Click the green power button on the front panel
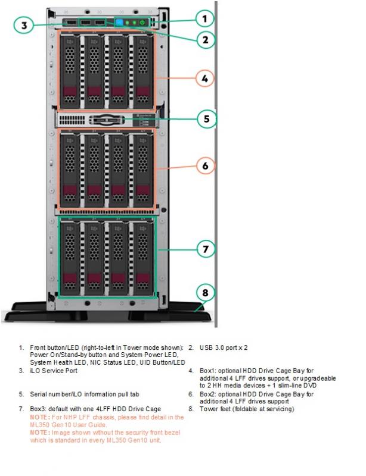coord(142,23)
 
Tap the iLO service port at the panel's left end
coord(71,23)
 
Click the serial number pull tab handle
coord(106,120)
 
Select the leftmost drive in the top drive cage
coord(70,71)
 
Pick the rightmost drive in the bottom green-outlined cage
coord(142,258)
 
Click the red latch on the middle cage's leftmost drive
coord(70,190)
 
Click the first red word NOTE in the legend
coord(39,418)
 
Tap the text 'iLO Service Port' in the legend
coord(54,371)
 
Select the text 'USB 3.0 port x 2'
coord(224,347)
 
